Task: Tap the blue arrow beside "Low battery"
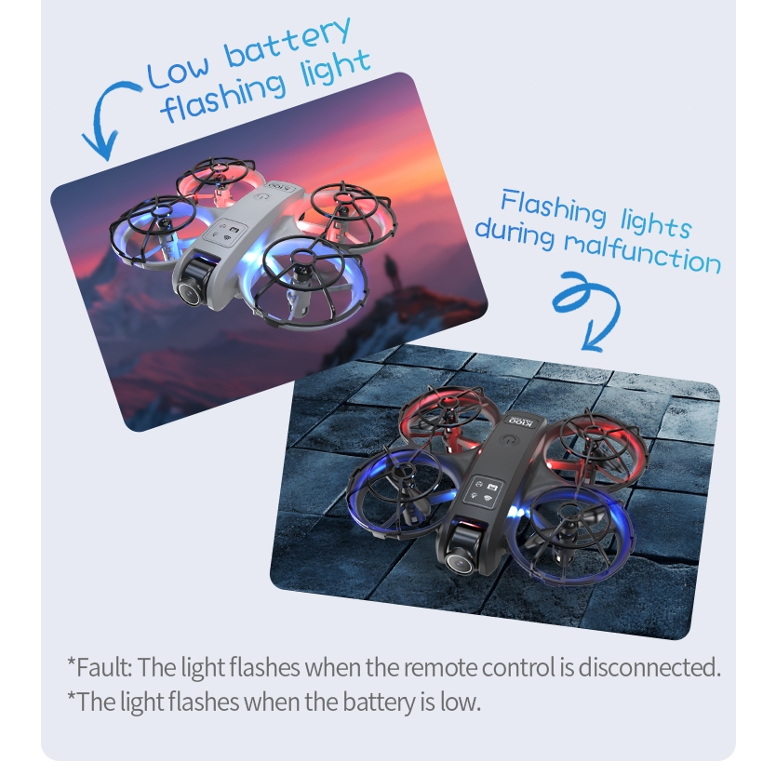click(106, 120)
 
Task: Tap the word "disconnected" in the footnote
click(649, 667)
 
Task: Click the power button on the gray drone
click(261, 196)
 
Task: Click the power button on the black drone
click(508, 439)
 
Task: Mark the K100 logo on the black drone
click(522, 422)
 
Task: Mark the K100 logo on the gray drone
click(281, 187)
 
